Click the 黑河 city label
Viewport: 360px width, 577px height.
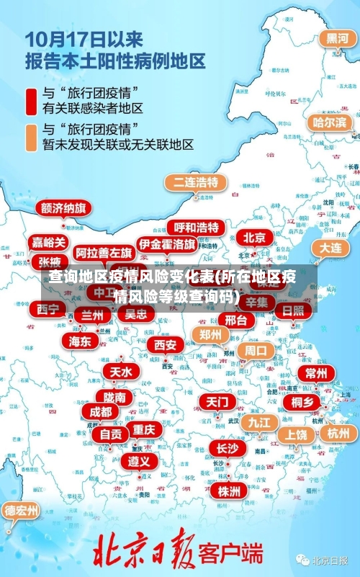(337, 39)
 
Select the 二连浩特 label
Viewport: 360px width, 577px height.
(192, 182)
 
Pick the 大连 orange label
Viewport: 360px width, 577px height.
(330, 247)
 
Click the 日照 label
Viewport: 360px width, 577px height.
(292, 310)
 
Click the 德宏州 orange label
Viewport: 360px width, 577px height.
(22, 511)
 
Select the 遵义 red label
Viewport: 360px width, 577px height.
(140, 461)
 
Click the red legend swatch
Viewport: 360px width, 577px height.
(31, 100)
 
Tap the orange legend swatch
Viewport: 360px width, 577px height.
(31, 137)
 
